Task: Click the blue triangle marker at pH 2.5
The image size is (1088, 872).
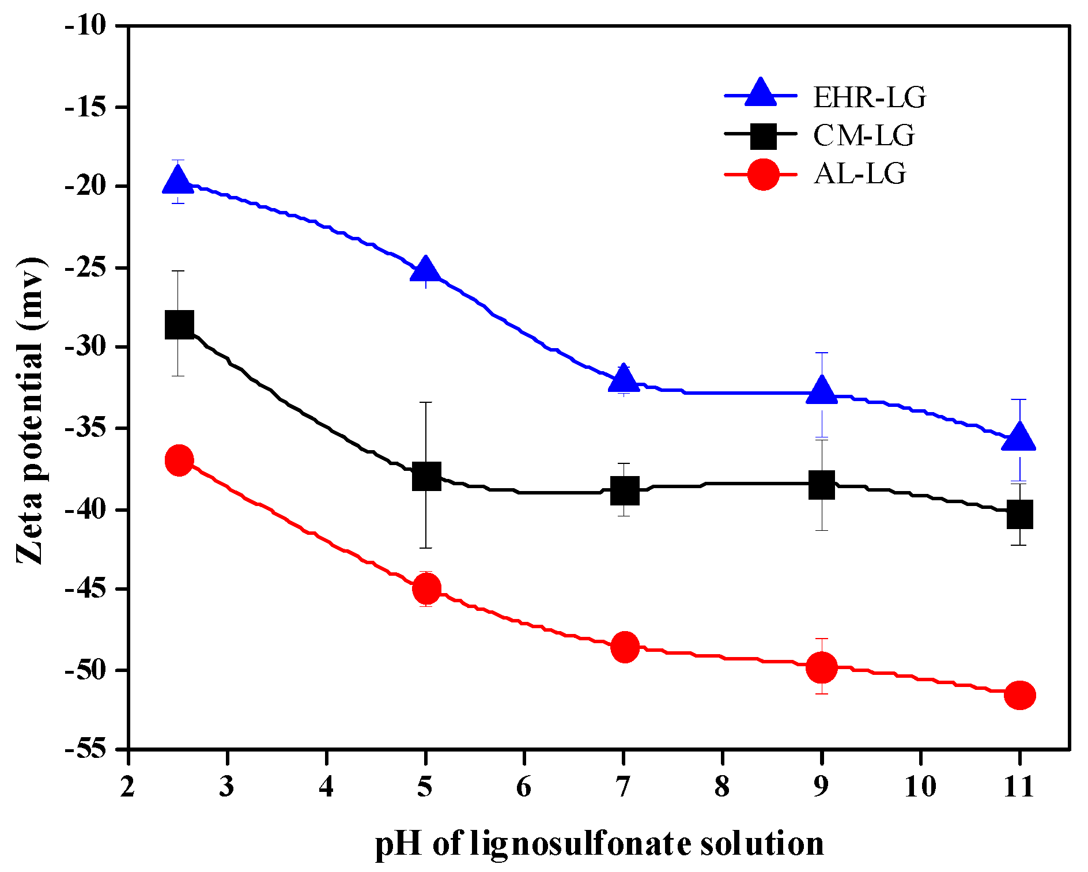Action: click(x=178, y=181)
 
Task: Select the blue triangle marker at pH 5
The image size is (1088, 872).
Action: click(x=426, y=269)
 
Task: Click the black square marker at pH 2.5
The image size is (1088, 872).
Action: click(x=179, y=324)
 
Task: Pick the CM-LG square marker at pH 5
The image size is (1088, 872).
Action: click(x=426, y=475)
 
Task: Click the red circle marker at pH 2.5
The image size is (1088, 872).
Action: click(x=179, y=460)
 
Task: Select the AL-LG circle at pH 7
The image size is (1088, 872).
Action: click(x=625, y=647)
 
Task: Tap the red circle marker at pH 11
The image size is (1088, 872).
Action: click(x=1019, y=695)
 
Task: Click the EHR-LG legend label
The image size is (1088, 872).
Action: click(x=869, y=97)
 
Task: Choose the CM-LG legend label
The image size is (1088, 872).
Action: click(x=863, y=136)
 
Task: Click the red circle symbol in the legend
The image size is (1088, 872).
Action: click(x=763, y=174)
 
